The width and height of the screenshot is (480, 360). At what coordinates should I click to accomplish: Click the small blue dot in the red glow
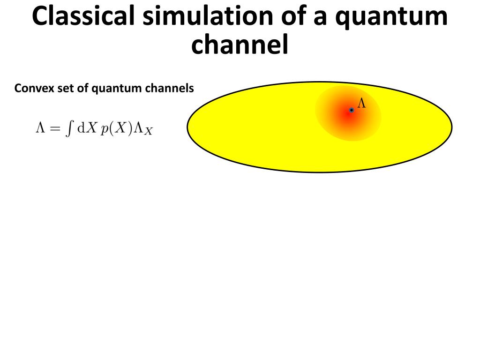pos(351,110)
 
